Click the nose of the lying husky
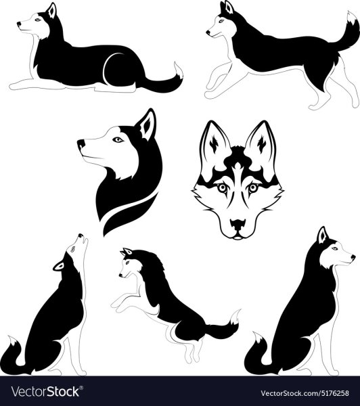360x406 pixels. point(19,24)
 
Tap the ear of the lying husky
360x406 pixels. point(51,11)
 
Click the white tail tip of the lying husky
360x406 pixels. point(178,70)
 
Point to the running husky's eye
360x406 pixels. point(221,21)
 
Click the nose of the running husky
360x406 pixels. point(208,33)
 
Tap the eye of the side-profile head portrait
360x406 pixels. point(118,139)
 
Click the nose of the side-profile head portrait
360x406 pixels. point(81,143)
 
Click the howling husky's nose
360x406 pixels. point(81,235)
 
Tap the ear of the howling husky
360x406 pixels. point(59,266)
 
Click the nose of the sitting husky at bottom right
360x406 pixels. point(353,257)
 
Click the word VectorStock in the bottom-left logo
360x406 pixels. point(45,392)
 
